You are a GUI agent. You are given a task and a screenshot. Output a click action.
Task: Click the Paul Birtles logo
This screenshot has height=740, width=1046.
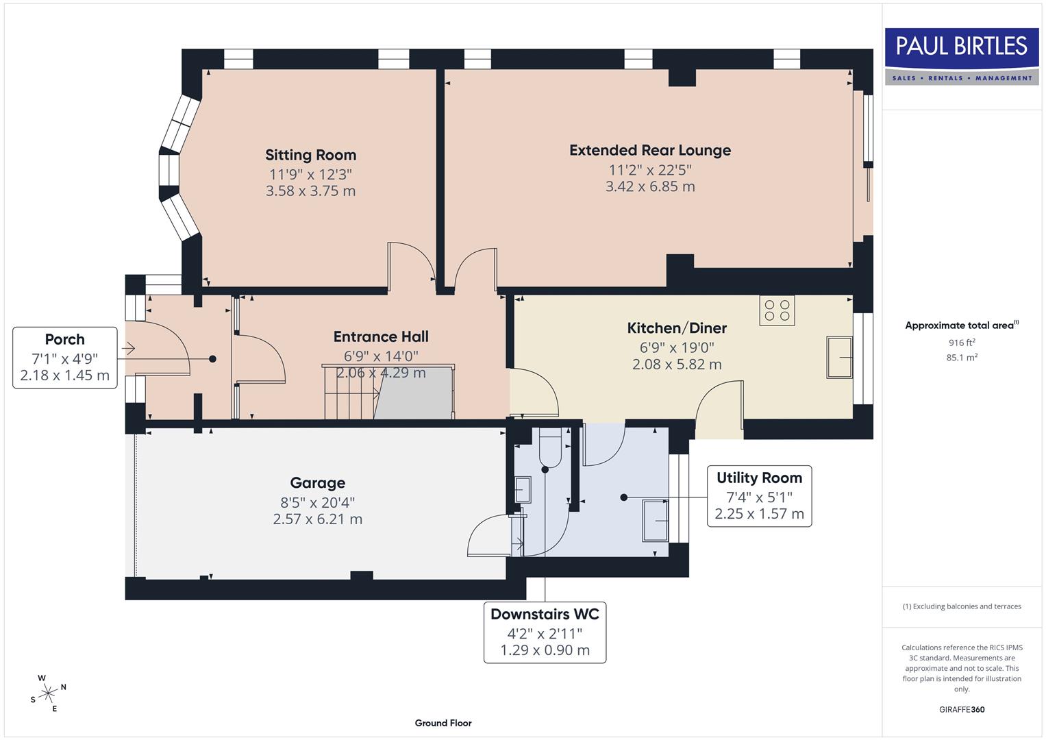(962, 56)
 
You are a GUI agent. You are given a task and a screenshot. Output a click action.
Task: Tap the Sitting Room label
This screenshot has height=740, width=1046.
(310, 156)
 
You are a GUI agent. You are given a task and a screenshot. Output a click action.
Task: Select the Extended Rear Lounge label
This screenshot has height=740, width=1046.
(649, 151)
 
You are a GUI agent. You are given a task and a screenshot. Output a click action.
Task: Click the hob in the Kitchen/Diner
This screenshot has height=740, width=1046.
(777, 310)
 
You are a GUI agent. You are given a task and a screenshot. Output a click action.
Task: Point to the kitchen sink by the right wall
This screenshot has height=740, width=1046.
(839, 356)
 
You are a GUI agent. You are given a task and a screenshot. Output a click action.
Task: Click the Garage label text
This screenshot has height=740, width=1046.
(317, 483)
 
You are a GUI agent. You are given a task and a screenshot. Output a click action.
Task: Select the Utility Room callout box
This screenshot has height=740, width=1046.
(759, 496)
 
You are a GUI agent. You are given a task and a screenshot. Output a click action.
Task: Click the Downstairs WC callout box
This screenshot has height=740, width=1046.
(545, 632)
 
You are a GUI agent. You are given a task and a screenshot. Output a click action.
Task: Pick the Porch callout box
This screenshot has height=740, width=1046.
(64, 358)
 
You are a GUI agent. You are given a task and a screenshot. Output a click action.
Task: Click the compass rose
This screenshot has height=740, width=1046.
(48, 693)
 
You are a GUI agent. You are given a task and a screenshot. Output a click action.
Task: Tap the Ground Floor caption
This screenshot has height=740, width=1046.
(443, 723)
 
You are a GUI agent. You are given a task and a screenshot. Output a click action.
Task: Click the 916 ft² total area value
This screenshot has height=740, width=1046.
(962, 343)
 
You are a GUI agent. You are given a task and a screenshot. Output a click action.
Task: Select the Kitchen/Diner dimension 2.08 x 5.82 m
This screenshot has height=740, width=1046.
(676, 365)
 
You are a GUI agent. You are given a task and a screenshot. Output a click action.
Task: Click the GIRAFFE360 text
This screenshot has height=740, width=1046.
(961, 709)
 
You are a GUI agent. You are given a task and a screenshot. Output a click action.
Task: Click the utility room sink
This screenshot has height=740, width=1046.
(656, 521)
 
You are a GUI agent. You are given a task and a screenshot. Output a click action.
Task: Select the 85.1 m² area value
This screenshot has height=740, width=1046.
(962, 357)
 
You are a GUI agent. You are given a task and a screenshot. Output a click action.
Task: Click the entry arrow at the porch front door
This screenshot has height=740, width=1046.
(128, 349)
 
